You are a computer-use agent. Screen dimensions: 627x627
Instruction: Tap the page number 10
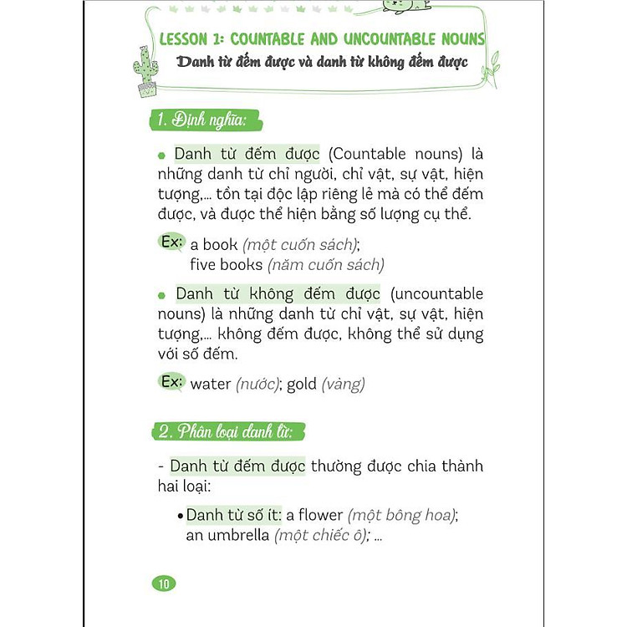tap(164, 584)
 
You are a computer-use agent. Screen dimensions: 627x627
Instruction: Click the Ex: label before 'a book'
tap(171, 242)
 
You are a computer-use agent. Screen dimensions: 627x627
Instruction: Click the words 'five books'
tap(227, 265)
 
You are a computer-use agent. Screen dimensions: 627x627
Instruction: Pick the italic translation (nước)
tap(257, 385)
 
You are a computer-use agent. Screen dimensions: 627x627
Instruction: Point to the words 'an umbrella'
tap(227, 536)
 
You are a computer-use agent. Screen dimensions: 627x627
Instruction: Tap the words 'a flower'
tap(315, 515)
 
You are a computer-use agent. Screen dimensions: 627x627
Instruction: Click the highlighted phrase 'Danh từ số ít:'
tap(233, 515)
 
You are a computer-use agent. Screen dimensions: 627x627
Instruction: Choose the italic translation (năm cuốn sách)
tap(325, 265)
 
